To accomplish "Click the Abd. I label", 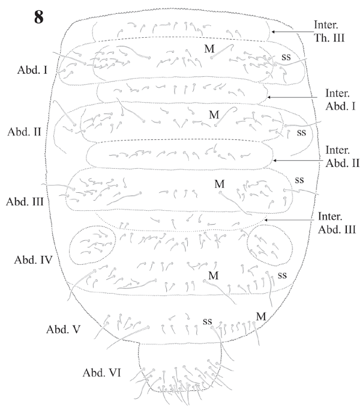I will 33,69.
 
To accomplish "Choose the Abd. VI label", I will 102,373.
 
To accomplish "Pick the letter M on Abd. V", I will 261,315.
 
